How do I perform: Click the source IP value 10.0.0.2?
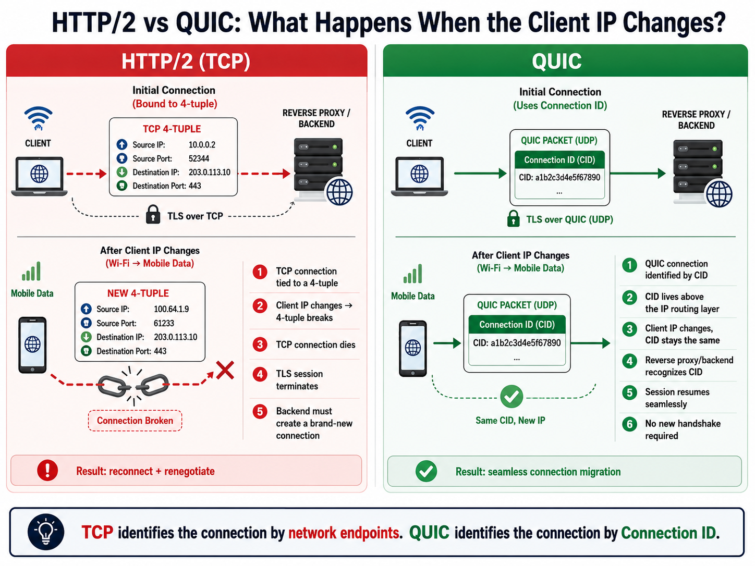click(202, 145)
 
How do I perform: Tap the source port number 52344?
click(199, 158)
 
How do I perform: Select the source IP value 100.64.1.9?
click(172, 309)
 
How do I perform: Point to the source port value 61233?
click(164, 323)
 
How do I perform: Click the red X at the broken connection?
click(225, 370)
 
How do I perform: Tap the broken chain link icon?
click(133, 386)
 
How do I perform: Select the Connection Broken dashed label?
click(135, 420)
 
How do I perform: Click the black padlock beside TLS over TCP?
click(153, 214)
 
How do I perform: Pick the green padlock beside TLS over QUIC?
click(514, 218)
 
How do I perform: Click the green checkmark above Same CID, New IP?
click(512, 397)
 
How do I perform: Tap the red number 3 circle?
click(260, 344)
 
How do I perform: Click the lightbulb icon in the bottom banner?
click(46, 532)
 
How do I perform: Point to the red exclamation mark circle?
click(47, 470)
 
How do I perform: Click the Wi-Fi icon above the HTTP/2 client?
click(38, 118)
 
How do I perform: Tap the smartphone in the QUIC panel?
click(412, 349)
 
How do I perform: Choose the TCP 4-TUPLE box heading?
click(172, 129)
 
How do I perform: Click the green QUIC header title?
click(556, 61)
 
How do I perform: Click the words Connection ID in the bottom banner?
click(668, 533)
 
